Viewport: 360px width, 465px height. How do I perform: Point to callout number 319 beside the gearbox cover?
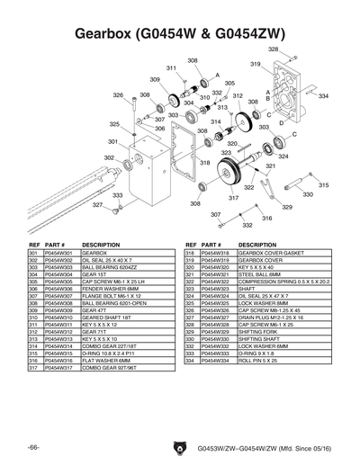point(255,64)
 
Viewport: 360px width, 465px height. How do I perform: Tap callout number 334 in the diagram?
point(323,95)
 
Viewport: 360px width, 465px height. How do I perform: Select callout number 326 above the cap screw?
point(118,94)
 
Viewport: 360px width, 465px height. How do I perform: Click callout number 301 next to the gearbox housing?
point(112,141)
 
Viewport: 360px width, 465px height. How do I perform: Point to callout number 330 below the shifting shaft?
point(308,194)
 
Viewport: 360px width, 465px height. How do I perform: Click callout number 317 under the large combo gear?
point(233,198)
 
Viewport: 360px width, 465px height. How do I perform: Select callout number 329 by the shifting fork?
point(287,207)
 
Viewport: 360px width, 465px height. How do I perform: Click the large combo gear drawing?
point(235,169)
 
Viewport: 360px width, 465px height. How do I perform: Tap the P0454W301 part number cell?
point(59,254)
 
